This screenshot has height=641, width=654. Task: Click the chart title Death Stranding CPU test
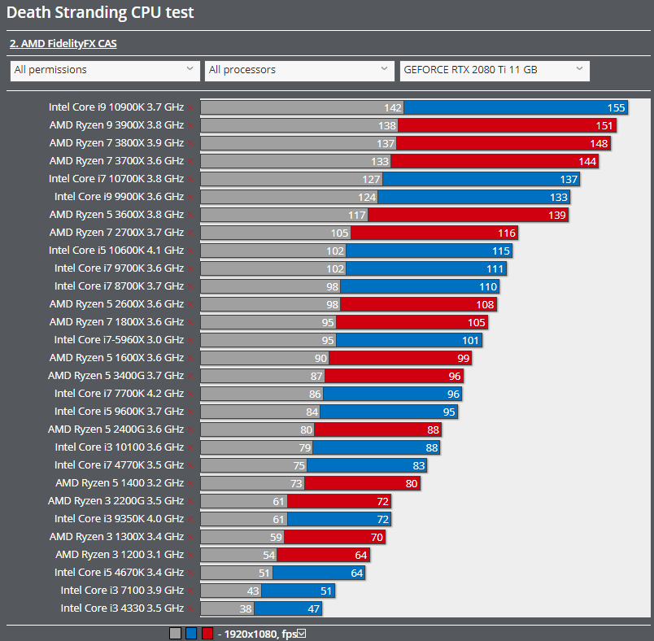(100, 14)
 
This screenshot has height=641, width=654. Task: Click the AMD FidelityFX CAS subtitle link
(63, 44)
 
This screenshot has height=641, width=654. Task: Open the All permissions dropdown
(105, 70)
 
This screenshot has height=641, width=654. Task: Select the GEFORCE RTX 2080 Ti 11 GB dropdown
(495, 70)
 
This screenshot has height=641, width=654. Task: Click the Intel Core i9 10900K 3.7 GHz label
(116, 107)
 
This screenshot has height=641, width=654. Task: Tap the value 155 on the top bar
(616, 107)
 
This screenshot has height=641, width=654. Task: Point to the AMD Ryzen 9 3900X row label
(116, 124)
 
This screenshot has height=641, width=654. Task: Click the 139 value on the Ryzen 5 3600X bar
(557, 215)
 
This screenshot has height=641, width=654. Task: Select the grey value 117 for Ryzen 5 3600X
(357, 215)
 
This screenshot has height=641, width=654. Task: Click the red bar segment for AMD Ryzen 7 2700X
(431, 233)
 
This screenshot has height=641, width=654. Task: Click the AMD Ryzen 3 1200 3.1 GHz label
(120, 554)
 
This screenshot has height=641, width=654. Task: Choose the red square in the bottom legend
(207, 634)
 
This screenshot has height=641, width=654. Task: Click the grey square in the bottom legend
(175, 634)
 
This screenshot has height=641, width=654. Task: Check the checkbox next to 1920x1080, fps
(301, 634)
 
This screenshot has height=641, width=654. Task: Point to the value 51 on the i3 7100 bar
(325, 591)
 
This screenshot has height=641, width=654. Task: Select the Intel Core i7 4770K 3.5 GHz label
(119, 464)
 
